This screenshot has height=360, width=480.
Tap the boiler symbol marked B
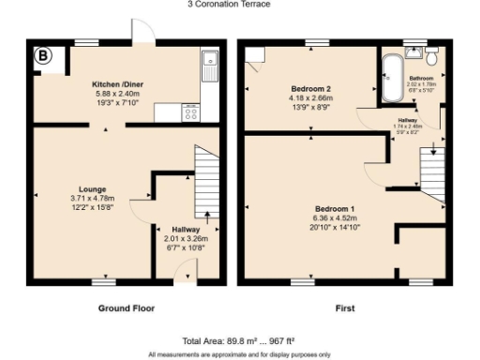(44, 56)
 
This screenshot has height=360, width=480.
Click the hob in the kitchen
(190, 112)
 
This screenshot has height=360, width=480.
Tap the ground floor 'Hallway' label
(186, 229)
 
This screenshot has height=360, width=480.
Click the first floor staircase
(430, 173)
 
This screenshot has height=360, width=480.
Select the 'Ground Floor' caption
(127, 307)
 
